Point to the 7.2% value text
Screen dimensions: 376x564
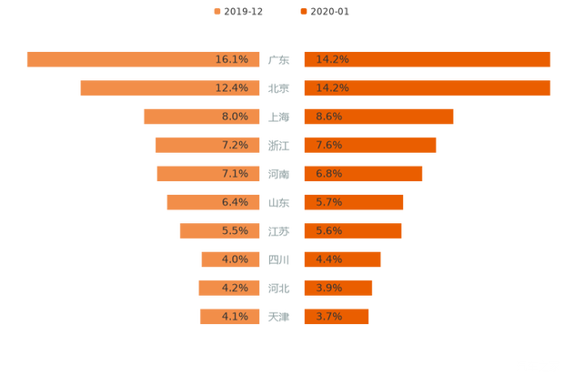pos(235,146)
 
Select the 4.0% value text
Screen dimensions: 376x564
pos(235,259)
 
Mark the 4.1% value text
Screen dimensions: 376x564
pos(235,317)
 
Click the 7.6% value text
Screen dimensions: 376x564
pos(328,146)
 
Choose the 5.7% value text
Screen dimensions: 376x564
pos(328,202)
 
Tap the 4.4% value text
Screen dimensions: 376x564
pos(328,259)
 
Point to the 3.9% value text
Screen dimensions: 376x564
pos(328,289)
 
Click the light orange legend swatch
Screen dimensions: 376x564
pos(217,12)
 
